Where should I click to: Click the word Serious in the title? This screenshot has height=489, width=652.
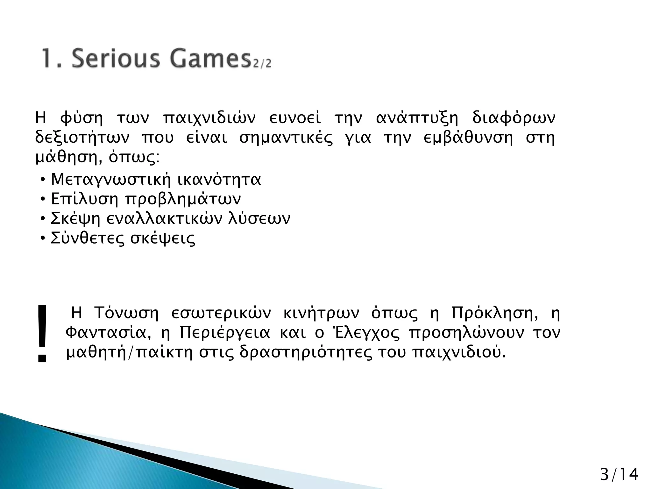click(x=115, y=59)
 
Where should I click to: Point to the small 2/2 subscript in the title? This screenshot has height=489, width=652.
click(x=262, y=63)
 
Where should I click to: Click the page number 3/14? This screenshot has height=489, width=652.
click(x=619, y=474)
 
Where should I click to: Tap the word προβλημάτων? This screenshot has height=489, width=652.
click(x=183, y=200)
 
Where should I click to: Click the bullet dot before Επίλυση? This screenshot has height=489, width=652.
click(x=43, y=200)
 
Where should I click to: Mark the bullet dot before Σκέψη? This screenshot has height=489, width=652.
click(x=43, y=219)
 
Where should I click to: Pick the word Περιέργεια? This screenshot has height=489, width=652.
click(x=225, y=333)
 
